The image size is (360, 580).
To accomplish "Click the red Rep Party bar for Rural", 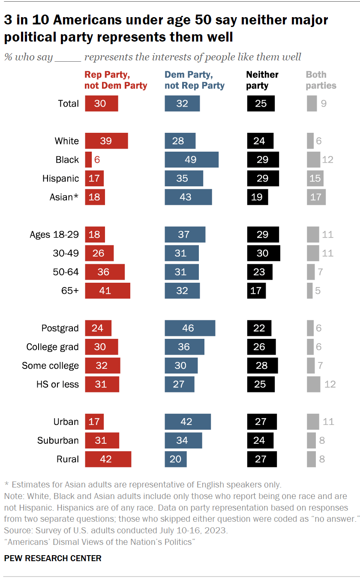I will pyautogui.click(x=108, y=459).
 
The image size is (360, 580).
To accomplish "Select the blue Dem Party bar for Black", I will pyautogui.click(x=192, y=159).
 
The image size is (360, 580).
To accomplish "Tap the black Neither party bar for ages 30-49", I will pyautogui.click(x=263, y=253).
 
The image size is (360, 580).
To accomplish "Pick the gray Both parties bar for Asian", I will pyautogui.click(x=316, y=197).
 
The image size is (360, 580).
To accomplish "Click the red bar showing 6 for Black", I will pyautogui.click(x=88, y=159).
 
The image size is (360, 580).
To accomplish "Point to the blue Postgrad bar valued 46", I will pyautogui.click(x=190, y=328).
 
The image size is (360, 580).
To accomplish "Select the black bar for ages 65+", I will pyautogui.click(x=256, y=290).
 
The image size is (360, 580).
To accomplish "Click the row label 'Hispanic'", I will pyautogui.click(x=60, y=178).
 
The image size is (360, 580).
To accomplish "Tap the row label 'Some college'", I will pyautogui.click(x=50, y=365).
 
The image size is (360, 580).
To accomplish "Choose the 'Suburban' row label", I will pyautogui.click(x=58, y=440).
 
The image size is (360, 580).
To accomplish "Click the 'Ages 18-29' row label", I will pyautogui.click(x=54, y=234).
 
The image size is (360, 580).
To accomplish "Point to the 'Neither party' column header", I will pyautogui.click(x=262, y=80).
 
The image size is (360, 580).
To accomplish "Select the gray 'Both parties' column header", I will pyautogui.click(x=321, y=80).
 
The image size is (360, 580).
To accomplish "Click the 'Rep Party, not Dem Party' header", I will pyautogui.click(x=116, y=80).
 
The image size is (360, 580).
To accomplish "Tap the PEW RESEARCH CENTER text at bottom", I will pyautogui.click(x=53, y=558).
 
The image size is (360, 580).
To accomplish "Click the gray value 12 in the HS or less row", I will pyautogui.click(x=330, y=384).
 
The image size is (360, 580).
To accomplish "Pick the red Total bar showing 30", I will pyautogui.click(x=101, y=103).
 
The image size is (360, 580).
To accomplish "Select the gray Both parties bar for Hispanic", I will pyautogui.click(x=315, y=178).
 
